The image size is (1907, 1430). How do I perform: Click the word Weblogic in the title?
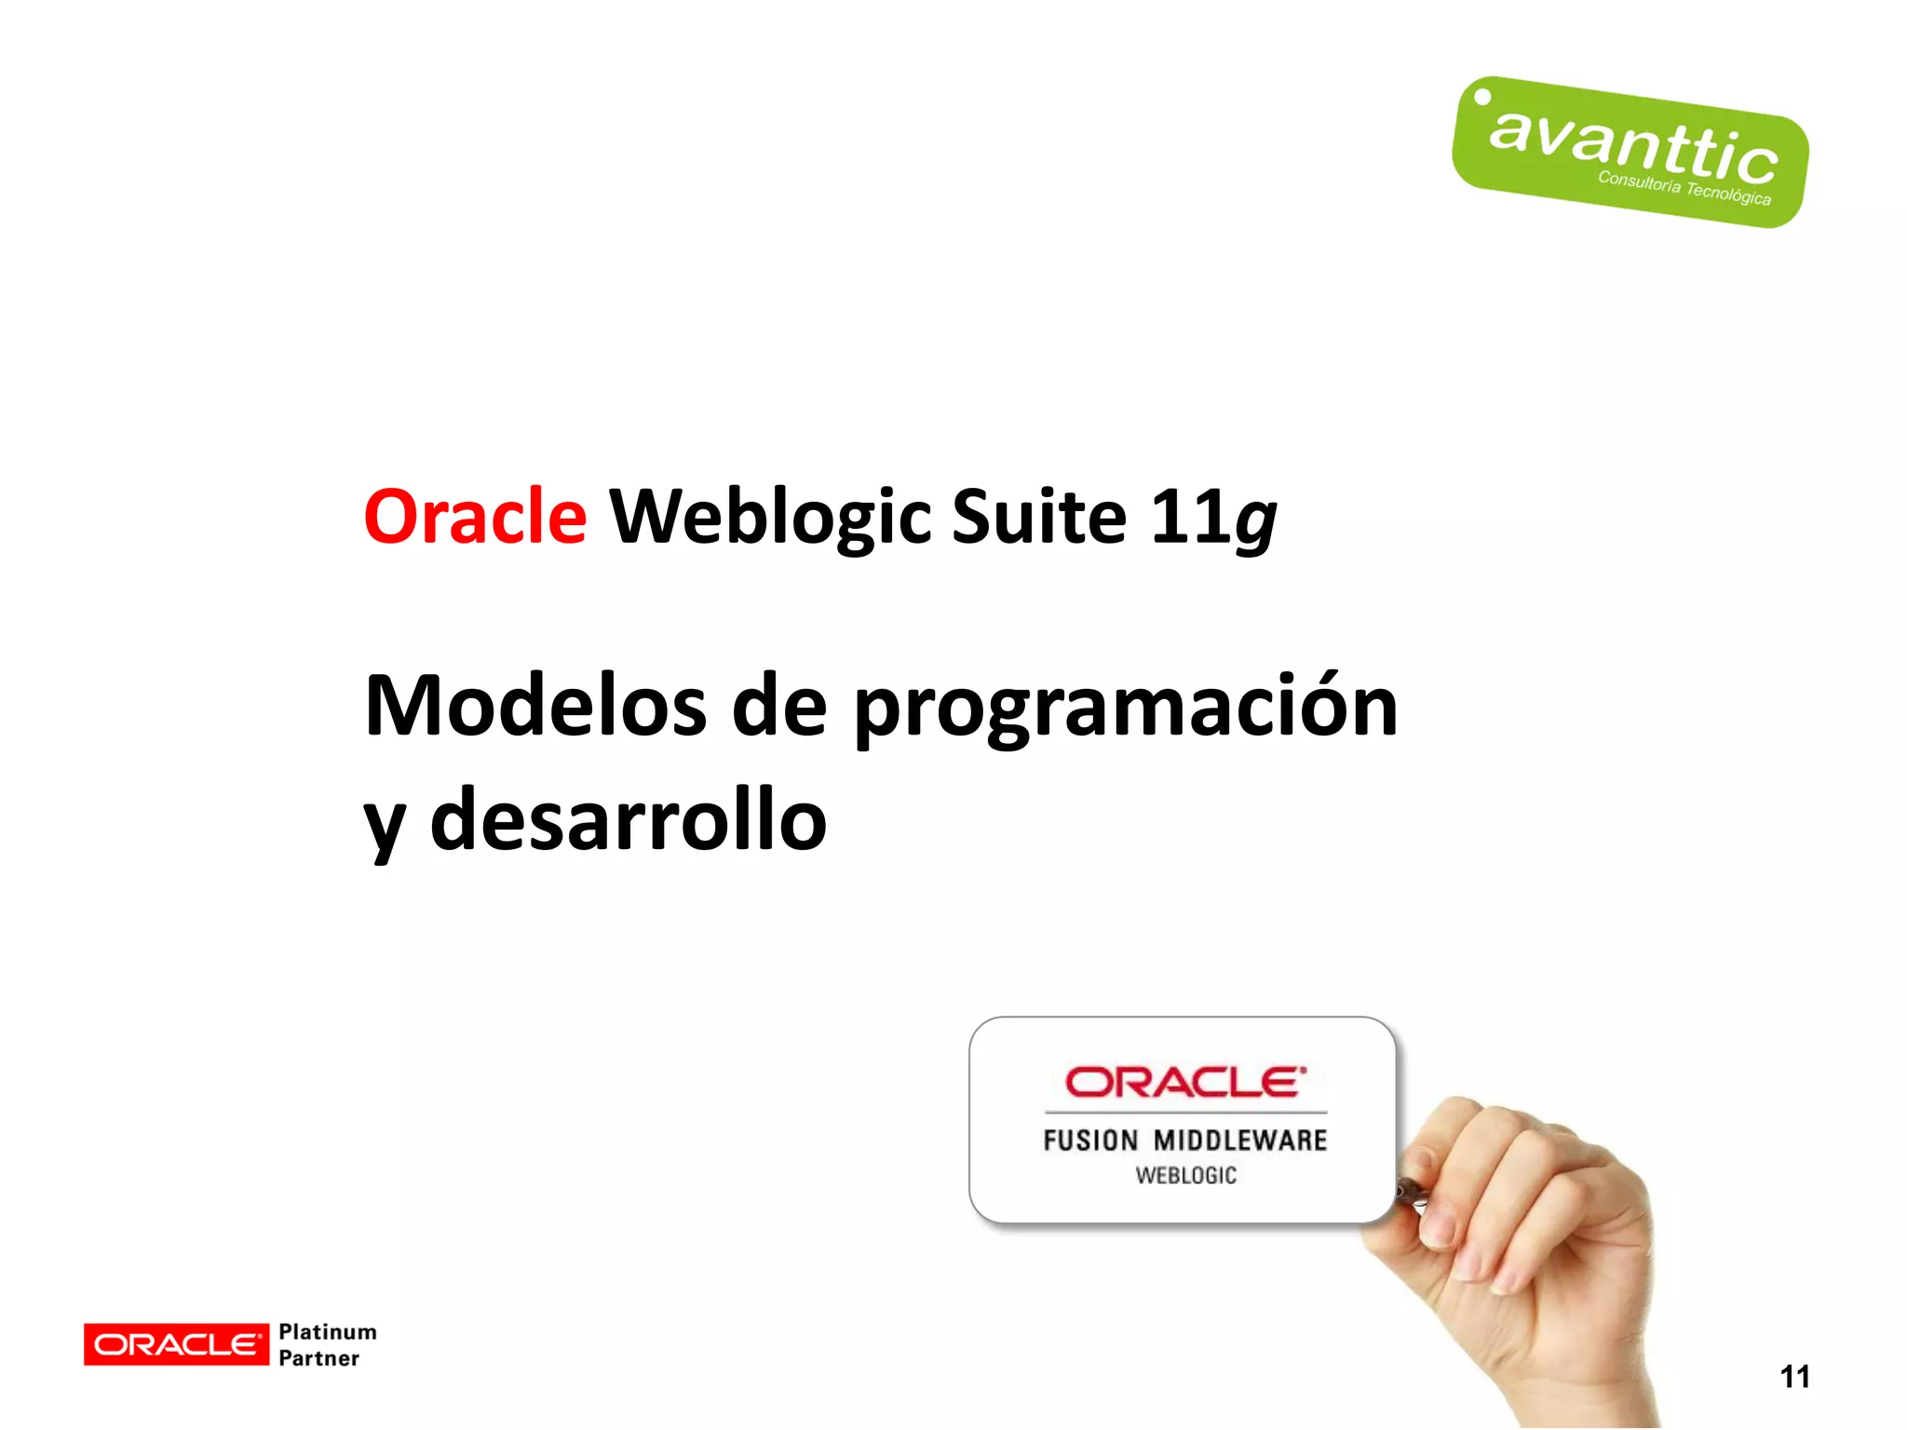[770, 518]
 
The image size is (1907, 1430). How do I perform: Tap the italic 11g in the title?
[1213, 518]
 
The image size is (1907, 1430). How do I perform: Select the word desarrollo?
[629, 819]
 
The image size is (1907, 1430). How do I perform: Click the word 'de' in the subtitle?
[779, 706]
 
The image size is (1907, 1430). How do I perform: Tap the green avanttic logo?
[1630, 152]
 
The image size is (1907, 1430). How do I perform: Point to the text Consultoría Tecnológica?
[1684, 187]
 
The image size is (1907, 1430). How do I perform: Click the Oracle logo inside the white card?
[1184, 1082]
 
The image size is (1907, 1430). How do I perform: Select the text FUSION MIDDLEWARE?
[1184, 1140]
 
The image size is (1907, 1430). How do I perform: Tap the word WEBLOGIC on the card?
[1185, 1176]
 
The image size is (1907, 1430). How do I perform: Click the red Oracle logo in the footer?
[176, 1344]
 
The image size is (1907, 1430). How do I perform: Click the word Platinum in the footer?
[328, 1332]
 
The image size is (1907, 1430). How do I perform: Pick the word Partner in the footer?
[318, 1358]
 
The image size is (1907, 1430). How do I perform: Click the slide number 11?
[1794, 1376]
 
